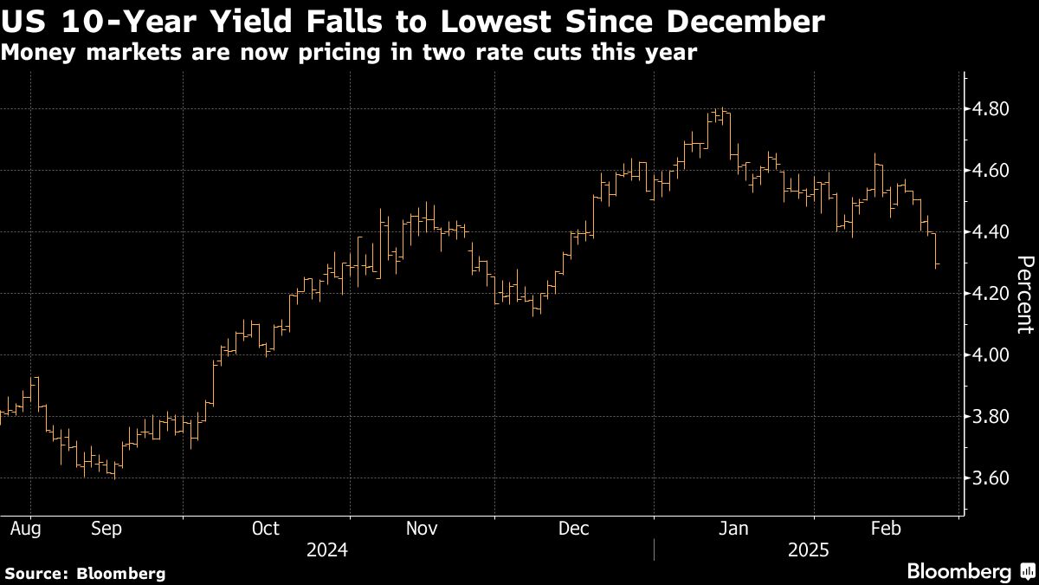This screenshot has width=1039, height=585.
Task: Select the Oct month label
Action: [266, 528]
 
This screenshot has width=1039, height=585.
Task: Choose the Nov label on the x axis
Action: [422, 528]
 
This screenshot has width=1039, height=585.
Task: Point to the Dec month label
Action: [575, 528]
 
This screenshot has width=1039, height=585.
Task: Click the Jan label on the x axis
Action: [735, 528]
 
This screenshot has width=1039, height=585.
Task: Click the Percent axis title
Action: [1024, 295]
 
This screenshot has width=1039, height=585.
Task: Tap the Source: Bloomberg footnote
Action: [85, 573]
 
